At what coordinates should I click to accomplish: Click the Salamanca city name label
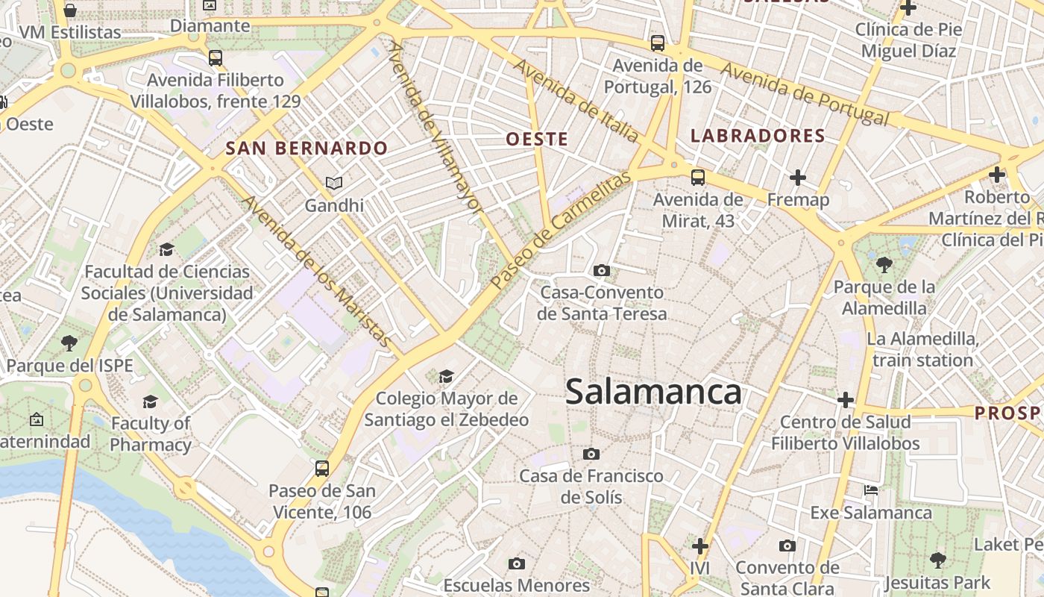point(653,392)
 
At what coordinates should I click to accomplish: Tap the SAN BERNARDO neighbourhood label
point(306,148)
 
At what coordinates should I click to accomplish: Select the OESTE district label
point(537,139)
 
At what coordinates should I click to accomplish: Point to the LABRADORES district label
point(758,136)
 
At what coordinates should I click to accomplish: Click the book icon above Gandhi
point(333,183)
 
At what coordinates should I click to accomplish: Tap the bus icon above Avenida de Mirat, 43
point(698,178)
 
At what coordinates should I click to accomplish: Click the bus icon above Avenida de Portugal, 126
point(657,43)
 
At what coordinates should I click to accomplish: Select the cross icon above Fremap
point(798,178)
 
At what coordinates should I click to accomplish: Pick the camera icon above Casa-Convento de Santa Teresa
point(602,270)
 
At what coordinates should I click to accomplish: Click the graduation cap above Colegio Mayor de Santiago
point(446,376)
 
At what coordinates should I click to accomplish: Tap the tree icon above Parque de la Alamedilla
point(884,264)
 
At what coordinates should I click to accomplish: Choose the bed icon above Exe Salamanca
point(871,490)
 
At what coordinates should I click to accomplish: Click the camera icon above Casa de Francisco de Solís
point(591,454)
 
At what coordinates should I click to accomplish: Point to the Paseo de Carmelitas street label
point(561,229)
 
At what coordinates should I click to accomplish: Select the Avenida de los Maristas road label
point(318,272)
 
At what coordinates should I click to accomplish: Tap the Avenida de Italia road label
point(575,101)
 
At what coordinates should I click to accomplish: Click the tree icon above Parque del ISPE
point(69,343)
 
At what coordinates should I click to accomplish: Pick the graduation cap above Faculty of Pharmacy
point(150,401)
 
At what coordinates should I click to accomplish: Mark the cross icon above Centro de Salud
point(845,400)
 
